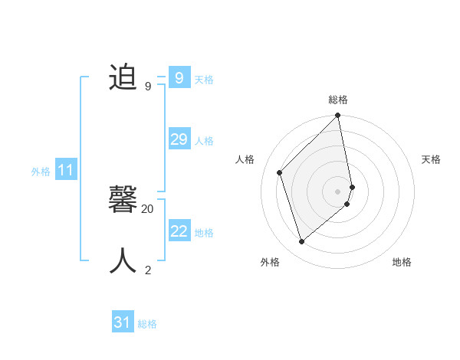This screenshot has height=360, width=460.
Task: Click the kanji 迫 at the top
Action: pyautogui.click(x=123, y=78)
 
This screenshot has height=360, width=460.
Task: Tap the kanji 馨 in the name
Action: pyautogui.click(x=123, y=201)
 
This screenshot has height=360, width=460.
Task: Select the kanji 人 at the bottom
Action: pyautogui.click(x=123, y=261)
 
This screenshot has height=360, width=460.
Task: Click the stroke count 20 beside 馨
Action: pyautogui.click(x=148, y=208)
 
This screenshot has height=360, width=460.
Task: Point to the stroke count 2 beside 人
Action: pyautogui.click(x=148, y=270)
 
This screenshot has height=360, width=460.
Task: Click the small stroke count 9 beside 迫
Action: pyautogui.click(x=148, y=87)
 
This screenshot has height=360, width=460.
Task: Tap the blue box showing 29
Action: pyautogui.click(x=179, y=139)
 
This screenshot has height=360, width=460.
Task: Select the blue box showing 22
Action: pyautogui.click(x=179, y=231)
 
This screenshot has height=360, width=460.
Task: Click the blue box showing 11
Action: pyautogui.click(x=65, y=170)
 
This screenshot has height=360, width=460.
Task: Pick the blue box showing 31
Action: pyautogui.click(x=122, y=322)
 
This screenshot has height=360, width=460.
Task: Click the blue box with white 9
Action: pyautogui.click(x=179, y=78)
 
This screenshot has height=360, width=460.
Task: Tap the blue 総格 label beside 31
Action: pyautogui.click(x=147, y=324)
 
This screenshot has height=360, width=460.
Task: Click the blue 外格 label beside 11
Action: pyautogui.click(x=41, y=172)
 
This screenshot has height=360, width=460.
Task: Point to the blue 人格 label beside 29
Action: pyautogui.click(x=204, y=141)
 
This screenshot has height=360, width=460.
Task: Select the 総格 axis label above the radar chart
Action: pyautogui.click(x=338, y=100)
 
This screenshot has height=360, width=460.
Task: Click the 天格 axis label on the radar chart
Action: pyautogui.click(x=431, y=159)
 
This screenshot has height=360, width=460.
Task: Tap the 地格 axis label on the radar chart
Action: pyautogui.click(x=402, y=262)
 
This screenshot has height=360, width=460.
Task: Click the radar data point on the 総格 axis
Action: pyautogui.click(x=338, y=116)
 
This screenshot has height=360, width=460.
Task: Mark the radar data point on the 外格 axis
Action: pyautogui.click(x=302, y=241)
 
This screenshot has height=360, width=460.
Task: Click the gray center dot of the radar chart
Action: pyautogui.click(x=338, y=191)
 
